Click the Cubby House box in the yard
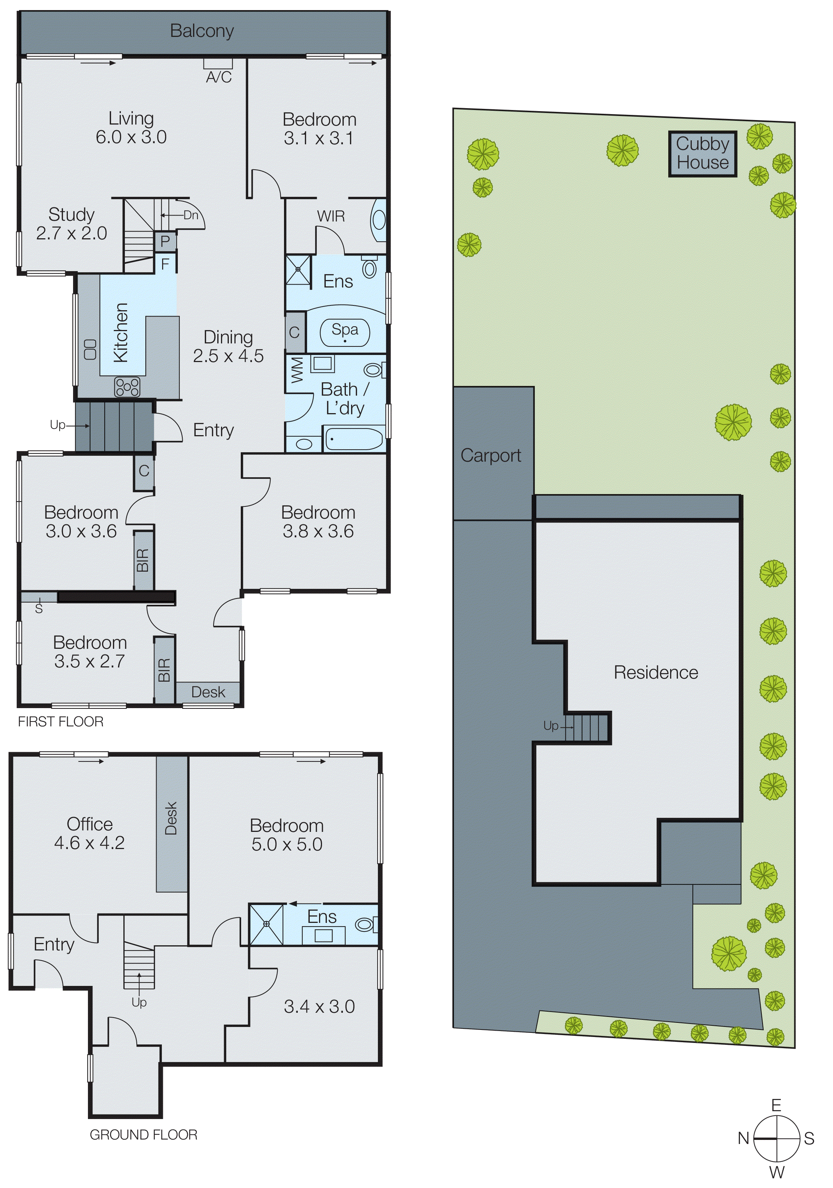click(x=702, y=154)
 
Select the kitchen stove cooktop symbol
click(x=127, y=387)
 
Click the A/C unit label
click(x=219, y=77)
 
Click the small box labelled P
click(x=165, y=241)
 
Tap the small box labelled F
click(x=165, y=264)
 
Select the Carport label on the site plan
click(x=491, y=455)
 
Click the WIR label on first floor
click(x=331, y=216)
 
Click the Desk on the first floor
click(x=208, y=692)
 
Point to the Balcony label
click(x=202, y=31)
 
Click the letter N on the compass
click(x=743, y=1138)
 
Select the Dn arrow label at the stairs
click(x=191, y=215)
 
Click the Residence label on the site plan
click(x=656, y=673)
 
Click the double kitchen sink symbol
click(x=91, y=349)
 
